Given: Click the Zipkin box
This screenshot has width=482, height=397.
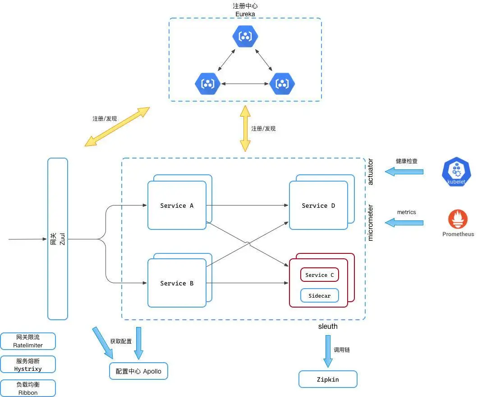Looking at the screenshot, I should pos(328,379).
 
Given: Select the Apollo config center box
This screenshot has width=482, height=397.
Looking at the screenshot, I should pos(138,371).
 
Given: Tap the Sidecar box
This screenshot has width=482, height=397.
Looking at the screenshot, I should pos(320,296).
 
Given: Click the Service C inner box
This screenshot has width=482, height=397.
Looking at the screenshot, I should pos(320,275).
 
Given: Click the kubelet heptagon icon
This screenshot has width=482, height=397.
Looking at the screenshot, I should pos(456,173).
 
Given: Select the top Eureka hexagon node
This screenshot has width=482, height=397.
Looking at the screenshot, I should pos(245,36).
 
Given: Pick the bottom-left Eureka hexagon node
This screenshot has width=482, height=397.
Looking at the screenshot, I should pos(207,83).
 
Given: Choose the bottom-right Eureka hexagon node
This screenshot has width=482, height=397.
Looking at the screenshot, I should pos(282,83).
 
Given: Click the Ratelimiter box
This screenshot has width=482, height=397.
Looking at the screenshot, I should pos(28,341).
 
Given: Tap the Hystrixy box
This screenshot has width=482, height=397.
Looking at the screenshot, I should pos(28,364).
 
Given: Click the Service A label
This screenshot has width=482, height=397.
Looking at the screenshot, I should pos(177,206).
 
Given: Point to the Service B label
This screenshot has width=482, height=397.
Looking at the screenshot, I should pos(177,283).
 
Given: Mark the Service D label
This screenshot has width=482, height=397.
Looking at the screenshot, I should pos(318,206).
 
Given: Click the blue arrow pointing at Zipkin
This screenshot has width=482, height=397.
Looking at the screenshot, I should pos(328,351).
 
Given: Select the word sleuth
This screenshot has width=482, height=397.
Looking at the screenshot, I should pos(328,326).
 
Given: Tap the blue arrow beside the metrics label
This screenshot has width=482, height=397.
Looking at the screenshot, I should pos(404,222).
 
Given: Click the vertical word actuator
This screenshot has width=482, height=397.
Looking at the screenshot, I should pos(371,172).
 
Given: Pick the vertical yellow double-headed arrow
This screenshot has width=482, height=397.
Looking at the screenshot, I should pos(245,129).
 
